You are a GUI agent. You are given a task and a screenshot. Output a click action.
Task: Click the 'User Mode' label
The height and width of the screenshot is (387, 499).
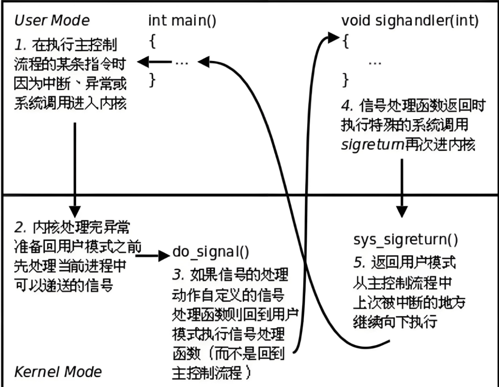pos(52,20)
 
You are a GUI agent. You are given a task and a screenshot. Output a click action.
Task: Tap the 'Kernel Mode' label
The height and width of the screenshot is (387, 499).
pos(58,371)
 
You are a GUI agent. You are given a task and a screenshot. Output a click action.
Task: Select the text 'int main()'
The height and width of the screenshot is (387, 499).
pos(182,21)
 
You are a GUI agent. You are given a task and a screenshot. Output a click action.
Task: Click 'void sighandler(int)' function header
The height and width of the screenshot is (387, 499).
pos(410,21)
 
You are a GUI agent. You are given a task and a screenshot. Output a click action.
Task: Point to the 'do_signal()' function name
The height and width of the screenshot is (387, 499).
pos(211,252)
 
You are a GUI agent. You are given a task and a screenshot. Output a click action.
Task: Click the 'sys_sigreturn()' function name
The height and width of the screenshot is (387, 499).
pos(406,240)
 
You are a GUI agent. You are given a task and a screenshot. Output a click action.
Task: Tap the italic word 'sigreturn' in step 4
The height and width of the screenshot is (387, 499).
pos(372,145)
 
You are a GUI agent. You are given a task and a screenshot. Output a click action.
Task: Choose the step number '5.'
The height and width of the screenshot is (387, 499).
pos(359,263)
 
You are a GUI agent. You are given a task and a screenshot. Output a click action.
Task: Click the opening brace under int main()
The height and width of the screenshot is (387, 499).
pos(152,41)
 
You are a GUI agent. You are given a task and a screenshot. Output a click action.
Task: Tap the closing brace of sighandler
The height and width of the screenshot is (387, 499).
pos(345,80)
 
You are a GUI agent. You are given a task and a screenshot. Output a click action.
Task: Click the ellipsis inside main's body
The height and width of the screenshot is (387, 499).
pos(181,62)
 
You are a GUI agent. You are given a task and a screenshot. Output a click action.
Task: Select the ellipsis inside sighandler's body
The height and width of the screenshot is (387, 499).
pos(375,63)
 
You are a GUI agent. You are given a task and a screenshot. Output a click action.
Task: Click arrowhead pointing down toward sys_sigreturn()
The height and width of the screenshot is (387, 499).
pos(402,212)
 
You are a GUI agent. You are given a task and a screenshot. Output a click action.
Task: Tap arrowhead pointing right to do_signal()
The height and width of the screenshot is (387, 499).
pos(164,256)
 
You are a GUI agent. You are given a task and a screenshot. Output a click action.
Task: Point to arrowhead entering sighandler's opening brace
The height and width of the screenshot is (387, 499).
pos(333,38)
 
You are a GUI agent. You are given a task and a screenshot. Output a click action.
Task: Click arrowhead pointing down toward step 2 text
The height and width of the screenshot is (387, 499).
pos(75,212)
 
